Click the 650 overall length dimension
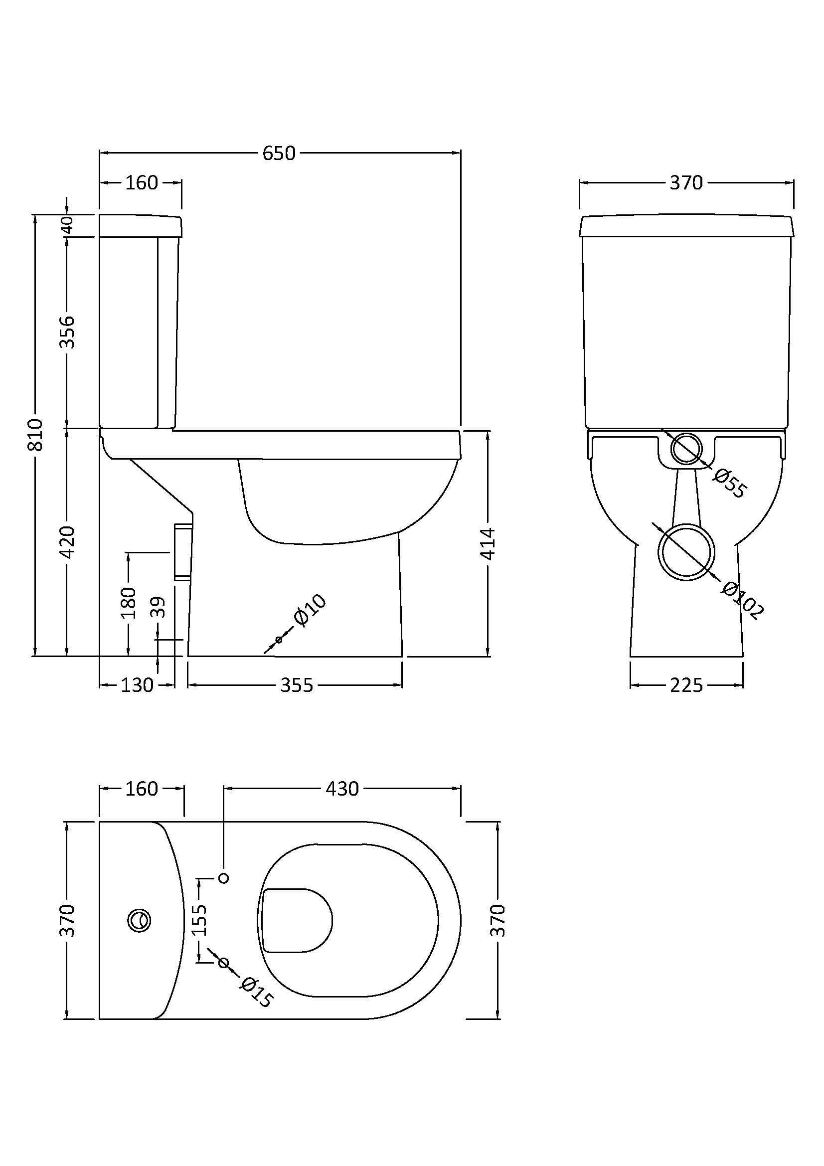pyautogui.click(x=279, y=153)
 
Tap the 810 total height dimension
pyautogui.click(x=35, y=435)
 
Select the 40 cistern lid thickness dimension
pyautogui.click(x=67, y=224)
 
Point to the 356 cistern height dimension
pyautogui.click(x=67, y=332)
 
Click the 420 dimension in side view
pyautogui.click(x=67, y=542)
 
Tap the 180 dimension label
pyautogui.click(x=129, y=602)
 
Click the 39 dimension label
pyautogui.click(x=159, y=607)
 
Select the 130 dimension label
pyautogui.click(x=137, y=685)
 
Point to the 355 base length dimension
pyautogui.click(x=297, y=685)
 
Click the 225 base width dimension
pyautogui.click(x=686, y=685)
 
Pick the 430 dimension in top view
pyautogui.click(x=342, y=789)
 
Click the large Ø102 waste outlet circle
pyautogui.click(x=686, y=553)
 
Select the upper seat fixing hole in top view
pyautogui.click(x=223, y=877)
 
